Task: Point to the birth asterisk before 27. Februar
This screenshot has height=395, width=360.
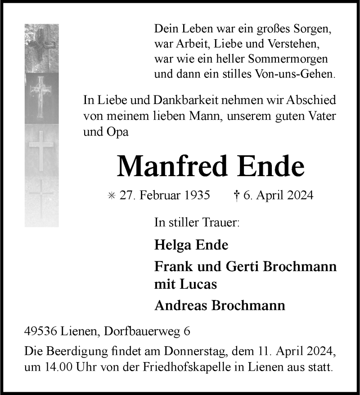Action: pyautogui.click(x=112, y=195)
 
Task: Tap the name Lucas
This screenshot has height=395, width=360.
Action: pyautogui.click(x=200, y=285)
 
